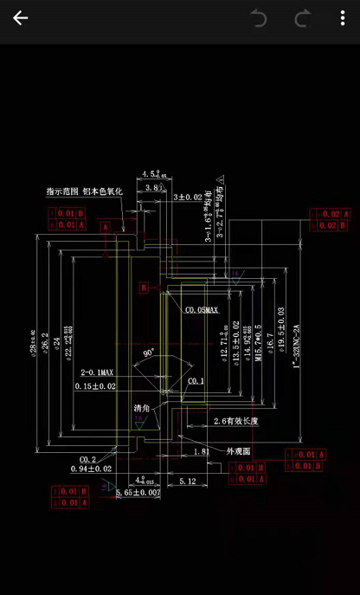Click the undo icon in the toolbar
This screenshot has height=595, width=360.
(259, 18)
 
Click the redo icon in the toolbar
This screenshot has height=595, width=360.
(302, 18)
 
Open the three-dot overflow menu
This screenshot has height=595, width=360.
(343, 18)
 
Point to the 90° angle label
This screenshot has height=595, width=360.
(149, 353)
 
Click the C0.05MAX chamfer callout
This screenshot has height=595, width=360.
(202, 309)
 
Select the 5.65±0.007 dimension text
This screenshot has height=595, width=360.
(138, 492)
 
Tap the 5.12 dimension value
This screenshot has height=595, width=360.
(187, 481)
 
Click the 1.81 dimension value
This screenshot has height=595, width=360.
(201, 451)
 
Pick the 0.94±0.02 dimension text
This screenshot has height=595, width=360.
(92, 469)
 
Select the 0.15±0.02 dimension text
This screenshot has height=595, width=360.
(95, 385)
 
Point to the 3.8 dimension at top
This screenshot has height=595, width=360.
(153, 187)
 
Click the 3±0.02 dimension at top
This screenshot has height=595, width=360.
(187, 197)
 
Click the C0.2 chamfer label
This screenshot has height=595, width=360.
(87, 459)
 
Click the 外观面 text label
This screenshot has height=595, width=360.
(239, 451)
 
